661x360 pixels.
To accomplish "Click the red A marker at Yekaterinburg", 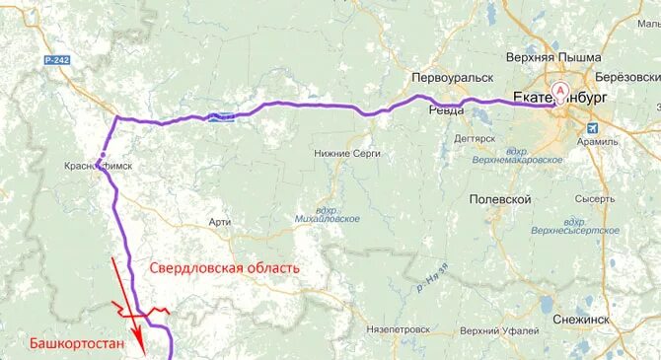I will [561, 92].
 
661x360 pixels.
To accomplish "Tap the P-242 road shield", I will [57, 61].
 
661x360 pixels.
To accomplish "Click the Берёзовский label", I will [627, 76].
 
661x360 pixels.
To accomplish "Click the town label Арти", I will [220, 222].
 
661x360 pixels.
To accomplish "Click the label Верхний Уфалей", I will [498, 330].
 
